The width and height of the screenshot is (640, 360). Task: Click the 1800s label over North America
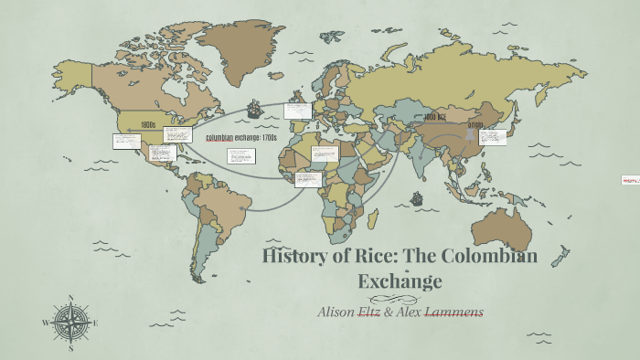(148, 125)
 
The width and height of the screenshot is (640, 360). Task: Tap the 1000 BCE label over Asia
(434, 118)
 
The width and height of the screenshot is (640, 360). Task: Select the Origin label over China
(475, 124)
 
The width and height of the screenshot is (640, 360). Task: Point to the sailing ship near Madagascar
(416, 197)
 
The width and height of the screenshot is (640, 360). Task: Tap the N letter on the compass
(69, 298)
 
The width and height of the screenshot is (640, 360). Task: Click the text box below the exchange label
(240, 156)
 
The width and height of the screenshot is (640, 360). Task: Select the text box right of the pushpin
(493, 137)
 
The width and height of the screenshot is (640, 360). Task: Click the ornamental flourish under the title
(399, 298)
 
